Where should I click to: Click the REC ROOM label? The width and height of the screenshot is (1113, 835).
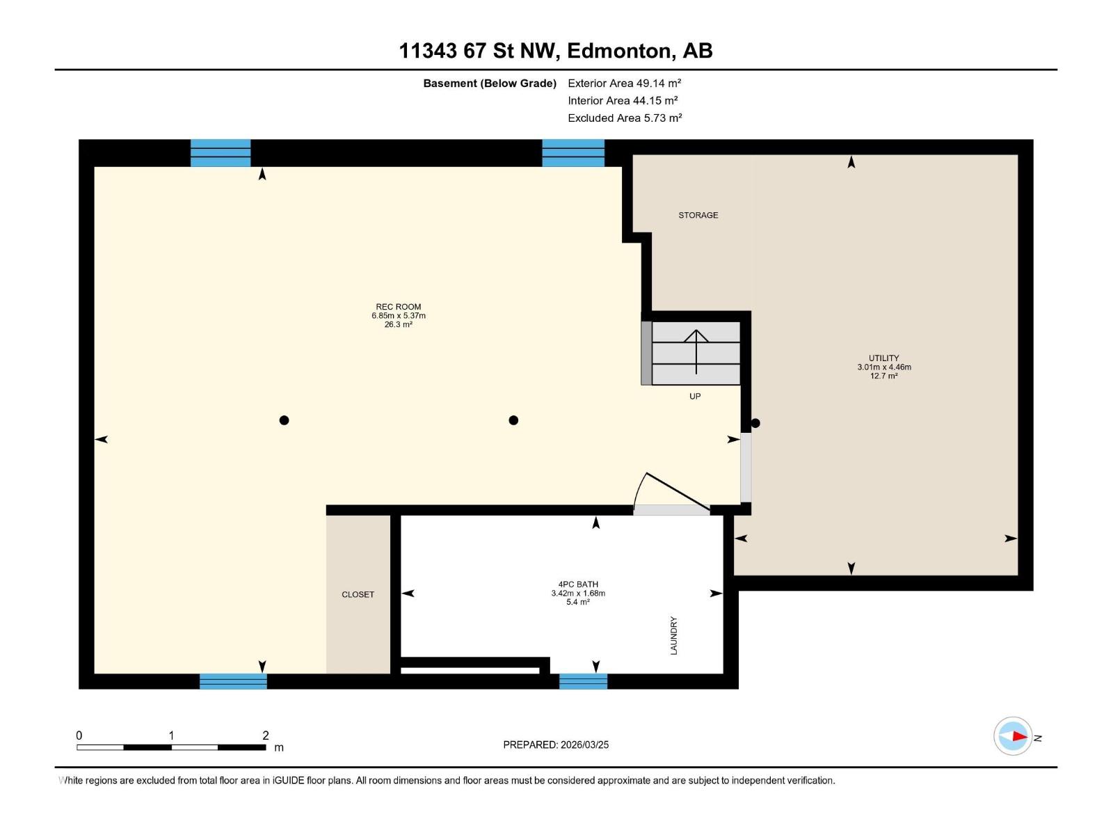[x=398, y=307]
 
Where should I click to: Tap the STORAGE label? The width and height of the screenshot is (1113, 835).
[x=698, y=215]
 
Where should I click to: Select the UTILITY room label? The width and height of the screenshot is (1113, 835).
[x=883, y=358]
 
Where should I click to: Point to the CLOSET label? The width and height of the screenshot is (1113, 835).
[x=358, y=594]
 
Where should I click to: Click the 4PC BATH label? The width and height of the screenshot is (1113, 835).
[x=578, y=584]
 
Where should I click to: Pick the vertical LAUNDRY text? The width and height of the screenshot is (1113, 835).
[x=673, y=635]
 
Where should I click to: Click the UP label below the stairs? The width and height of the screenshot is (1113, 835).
[x=695, y=396]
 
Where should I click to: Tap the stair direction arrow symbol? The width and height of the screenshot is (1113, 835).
[x=696, y=352]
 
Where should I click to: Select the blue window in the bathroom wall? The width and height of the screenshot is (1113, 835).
[x=583, y=681]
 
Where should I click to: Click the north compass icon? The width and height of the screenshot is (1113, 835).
[x=1013, y=735]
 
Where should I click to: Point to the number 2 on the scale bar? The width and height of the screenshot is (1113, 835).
[x=265, y=735]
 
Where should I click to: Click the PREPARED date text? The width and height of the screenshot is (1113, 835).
[x=556, y=745]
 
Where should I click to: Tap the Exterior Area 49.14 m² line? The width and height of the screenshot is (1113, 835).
[x=624, y=83]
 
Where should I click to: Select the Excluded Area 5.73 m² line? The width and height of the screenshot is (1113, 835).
[x=625, y=118]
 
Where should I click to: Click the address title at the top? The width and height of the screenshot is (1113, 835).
[x=556, y=51]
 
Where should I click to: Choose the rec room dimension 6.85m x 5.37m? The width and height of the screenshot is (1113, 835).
[x=398, y=315]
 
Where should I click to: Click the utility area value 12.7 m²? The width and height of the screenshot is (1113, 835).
[x=884, y=376]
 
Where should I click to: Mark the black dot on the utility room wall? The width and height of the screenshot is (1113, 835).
[x=755, y=423]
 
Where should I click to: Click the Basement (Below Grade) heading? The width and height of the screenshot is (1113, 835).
[x=489, y=83]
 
